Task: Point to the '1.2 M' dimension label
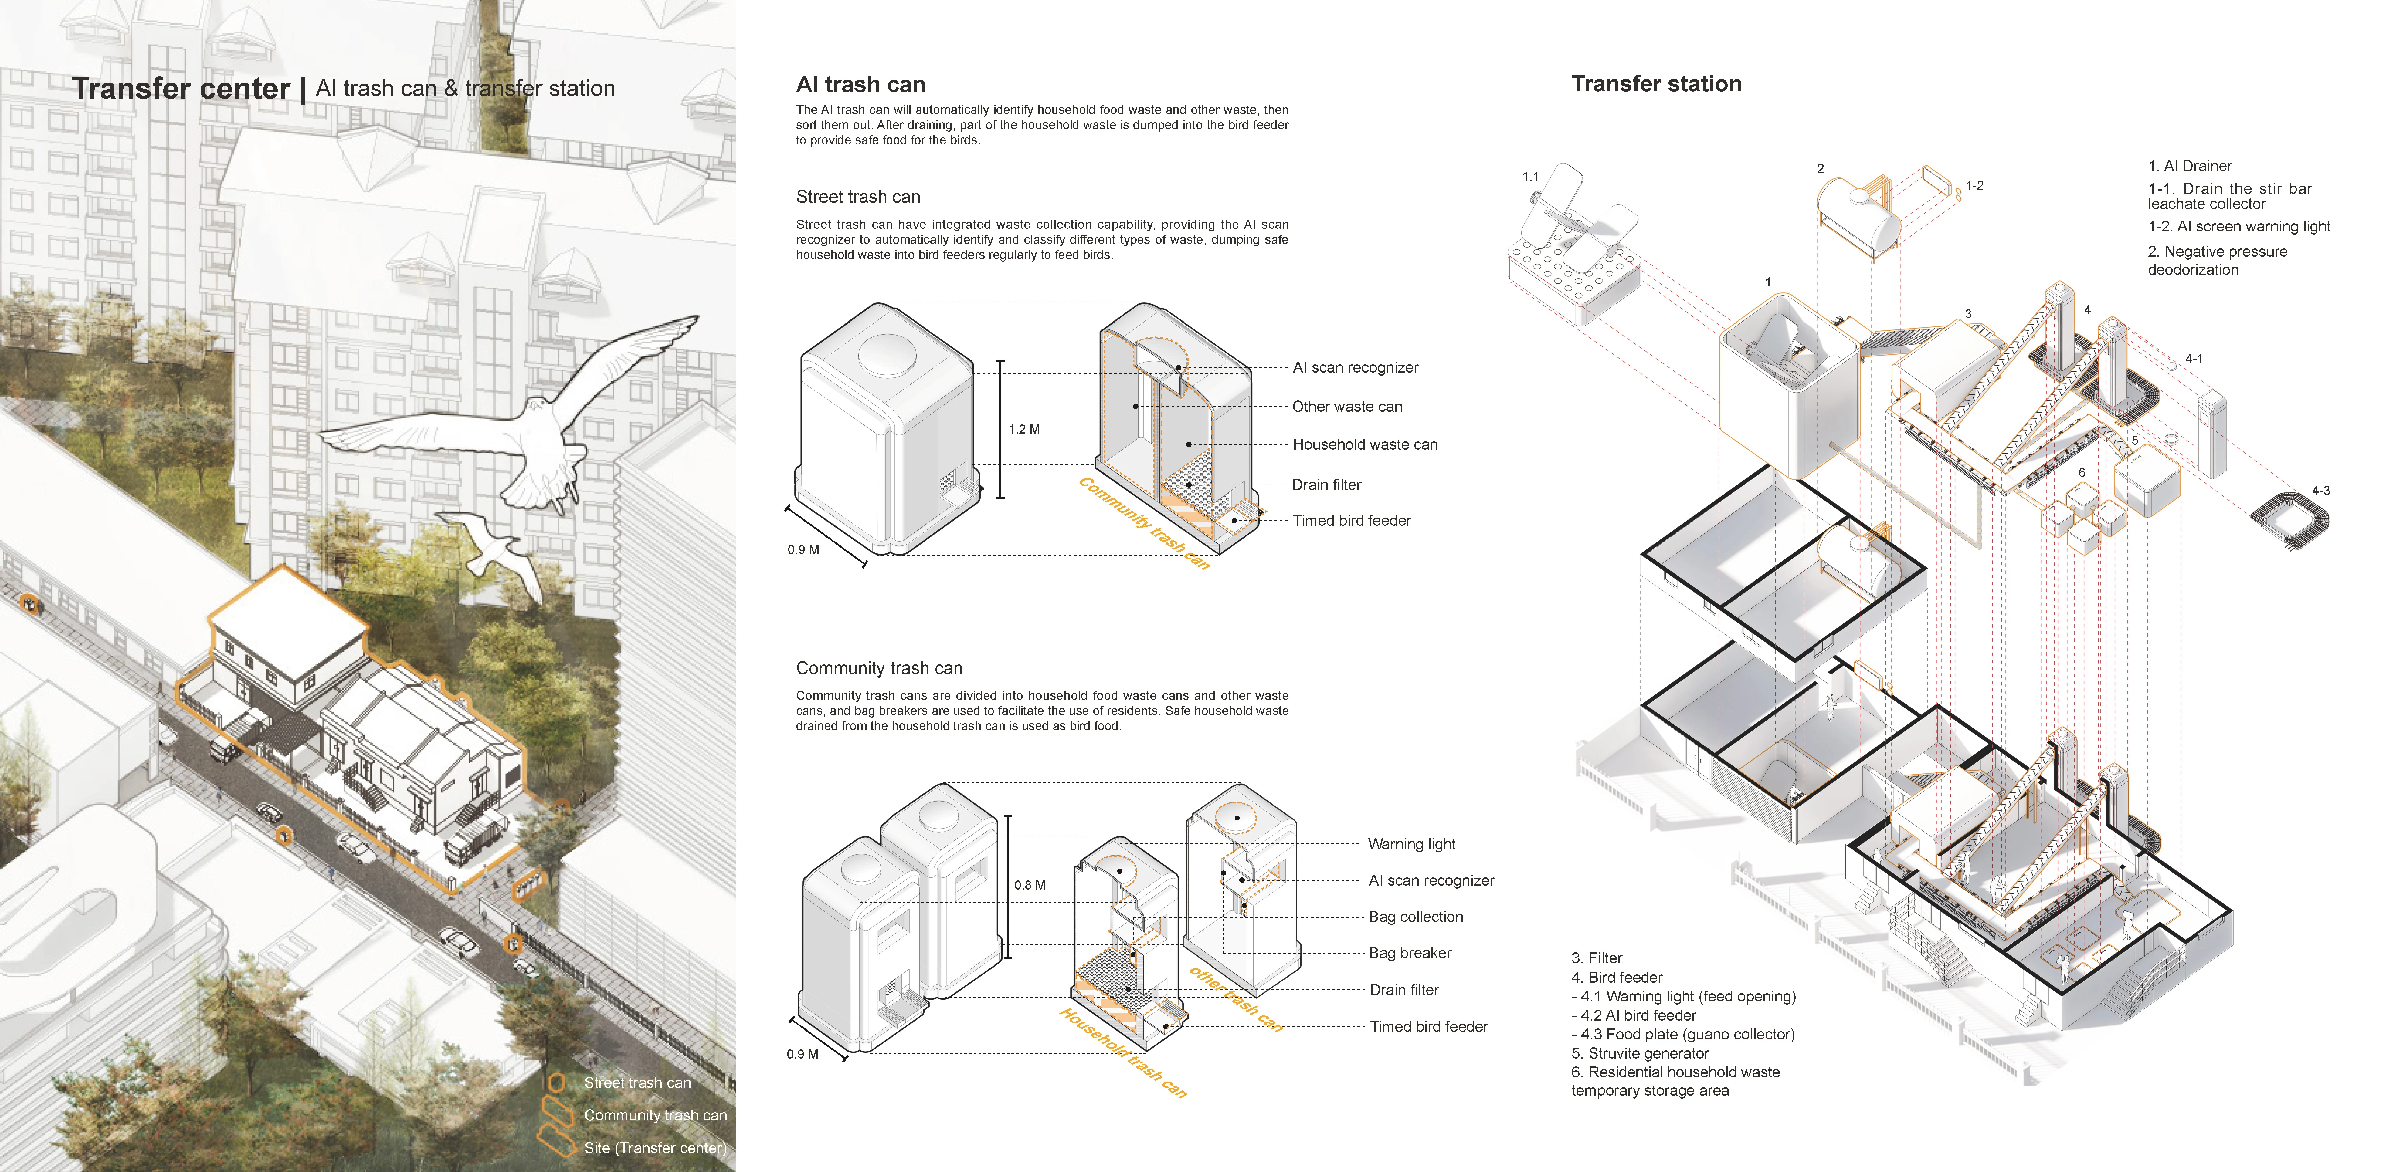1023,429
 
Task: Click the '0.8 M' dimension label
1030,885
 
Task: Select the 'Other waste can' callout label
1346,407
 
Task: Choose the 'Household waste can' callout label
1364,445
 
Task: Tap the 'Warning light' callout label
1410,844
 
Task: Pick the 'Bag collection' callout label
1415,917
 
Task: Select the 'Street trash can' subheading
857,197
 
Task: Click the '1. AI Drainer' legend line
2189,166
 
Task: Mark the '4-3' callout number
2320,490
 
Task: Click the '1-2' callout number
1974,186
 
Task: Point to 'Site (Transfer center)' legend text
655,1148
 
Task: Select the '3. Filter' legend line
1596,958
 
